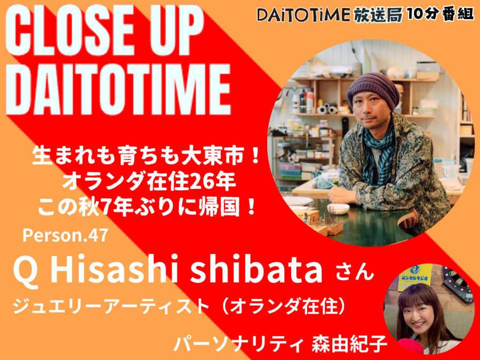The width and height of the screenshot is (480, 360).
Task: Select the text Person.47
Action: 66,235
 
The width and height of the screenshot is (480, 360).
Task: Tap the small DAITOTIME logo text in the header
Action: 303,15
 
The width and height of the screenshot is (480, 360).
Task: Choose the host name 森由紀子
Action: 349,344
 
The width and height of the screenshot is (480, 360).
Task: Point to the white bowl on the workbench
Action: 338,209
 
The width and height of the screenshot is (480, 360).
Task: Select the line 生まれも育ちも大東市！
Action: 146,157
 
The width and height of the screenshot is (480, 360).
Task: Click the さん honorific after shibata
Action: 355,272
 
